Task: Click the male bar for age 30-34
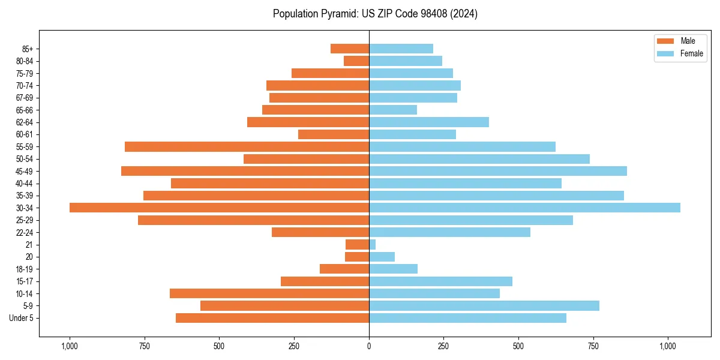219,208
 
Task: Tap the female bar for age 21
373,245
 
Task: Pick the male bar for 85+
350,49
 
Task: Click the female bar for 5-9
484,306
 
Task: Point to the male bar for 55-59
247,146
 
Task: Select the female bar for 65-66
393,110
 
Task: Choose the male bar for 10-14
269,293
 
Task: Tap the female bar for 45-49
497,171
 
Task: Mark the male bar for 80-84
356,61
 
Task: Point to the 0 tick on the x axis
369,346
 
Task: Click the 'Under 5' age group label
22,318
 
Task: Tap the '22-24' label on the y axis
25,233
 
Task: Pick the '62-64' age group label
25,122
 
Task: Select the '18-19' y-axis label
25,269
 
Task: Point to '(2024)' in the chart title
466,14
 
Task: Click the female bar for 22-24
449,232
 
